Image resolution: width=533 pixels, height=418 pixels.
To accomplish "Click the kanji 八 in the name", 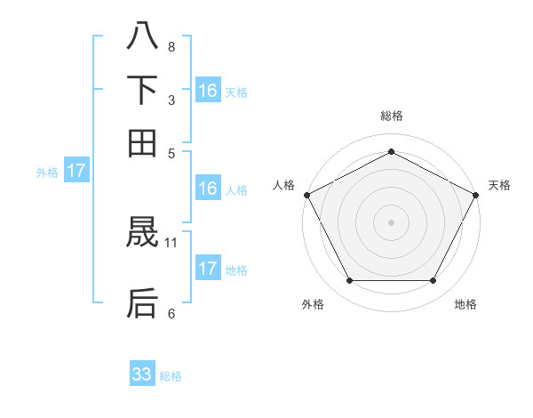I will (143, 36).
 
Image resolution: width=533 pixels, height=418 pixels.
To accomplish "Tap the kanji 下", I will (143, 90).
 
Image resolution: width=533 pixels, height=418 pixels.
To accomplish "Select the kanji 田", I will (143, 142).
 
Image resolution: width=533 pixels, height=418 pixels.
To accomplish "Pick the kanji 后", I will (143, 302).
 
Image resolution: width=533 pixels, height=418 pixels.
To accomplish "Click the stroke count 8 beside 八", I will (171, 47).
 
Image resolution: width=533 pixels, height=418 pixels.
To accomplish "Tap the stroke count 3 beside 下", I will (171, 100).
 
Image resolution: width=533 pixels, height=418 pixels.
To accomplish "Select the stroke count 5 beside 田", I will (171, 152).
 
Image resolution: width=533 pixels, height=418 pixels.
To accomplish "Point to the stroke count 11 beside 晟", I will (171, 241).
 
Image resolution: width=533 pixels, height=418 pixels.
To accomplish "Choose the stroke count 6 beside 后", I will (171, 313).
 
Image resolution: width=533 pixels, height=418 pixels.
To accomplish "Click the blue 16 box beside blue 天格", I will (208, 90).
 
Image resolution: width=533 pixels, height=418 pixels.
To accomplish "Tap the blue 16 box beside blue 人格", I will (208, 189).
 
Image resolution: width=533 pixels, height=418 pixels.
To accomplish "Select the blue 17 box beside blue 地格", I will (208, 269).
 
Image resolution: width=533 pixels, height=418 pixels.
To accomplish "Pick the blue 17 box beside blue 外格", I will (76, 171).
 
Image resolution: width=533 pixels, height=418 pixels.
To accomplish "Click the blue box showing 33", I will (142, 374).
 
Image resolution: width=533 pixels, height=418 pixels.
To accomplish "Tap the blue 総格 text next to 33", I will (171, 376).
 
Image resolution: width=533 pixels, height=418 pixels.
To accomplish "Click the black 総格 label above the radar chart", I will (391, 117).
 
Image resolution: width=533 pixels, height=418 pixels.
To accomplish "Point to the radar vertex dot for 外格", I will (349, 281).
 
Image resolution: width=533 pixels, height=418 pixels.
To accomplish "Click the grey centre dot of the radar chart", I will (391, 221).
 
